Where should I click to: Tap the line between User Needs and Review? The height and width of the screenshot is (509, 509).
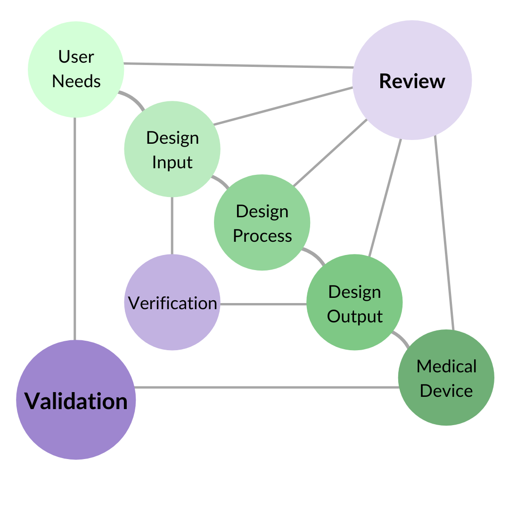click(238, 66)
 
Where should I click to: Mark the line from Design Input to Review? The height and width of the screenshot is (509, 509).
click(283, 106)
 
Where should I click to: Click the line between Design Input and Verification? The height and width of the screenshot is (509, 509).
click(172, 225)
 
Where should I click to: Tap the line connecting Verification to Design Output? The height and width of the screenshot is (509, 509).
click(263, 304)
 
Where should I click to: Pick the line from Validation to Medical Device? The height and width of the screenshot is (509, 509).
click(266, 387)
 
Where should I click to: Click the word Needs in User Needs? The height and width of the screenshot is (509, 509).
click(76, 81)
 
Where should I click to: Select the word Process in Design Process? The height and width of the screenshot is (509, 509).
click(263, 236)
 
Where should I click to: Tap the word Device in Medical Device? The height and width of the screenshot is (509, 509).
click(446, 391)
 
